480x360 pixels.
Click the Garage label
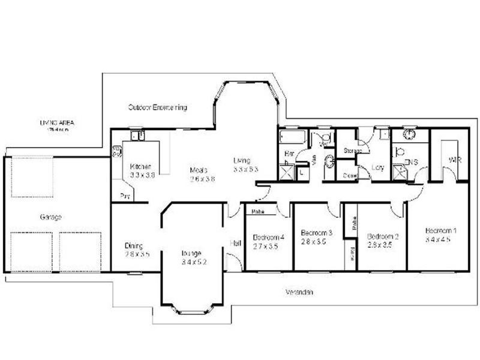(52, 217)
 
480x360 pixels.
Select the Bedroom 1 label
(440, 230)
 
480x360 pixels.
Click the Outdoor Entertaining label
(158, 107)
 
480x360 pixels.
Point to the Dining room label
(133, 245)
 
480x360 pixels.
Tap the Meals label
(199, 169)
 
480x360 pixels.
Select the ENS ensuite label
(412, 162)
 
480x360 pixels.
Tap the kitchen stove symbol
(116, 151)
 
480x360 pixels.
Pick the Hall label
(235, 243)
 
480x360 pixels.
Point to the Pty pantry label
(125, 196)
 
